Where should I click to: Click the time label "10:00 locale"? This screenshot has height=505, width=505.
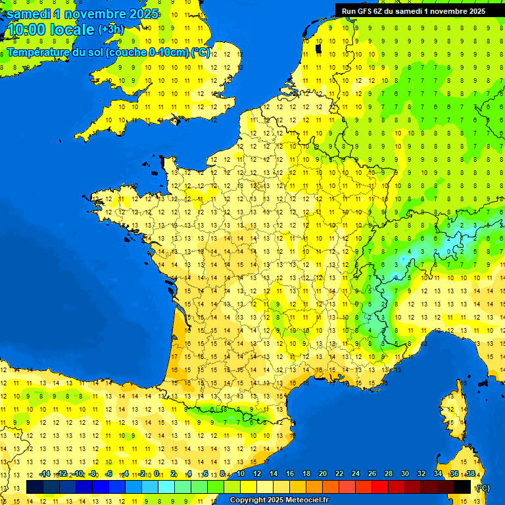point(50,30)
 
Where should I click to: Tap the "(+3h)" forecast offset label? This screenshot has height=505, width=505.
point(110,29)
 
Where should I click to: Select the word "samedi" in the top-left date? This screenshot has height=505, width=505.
point(28,14)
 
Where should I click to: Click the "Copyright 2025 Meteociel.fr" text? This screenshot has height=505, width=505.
point(279,500)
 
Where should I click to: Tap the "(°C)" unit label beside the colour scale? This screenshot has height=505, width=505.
point(482,487)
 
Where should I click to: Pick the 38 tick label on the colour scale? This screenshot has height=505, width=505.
point(471,473)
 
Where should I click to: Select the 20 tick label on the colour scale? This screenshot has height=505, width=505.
point(323,473)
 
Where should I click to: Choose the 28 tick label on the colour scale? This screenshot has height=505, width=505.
point(389,473)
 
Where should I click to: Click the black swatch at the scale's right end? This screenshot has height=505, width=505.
point(462,487)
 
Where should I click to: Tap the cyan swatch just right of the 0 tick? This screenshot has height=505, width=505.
point(166,487)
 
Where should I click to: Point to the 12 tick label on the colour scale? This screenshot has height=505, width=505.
point(257,473)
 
